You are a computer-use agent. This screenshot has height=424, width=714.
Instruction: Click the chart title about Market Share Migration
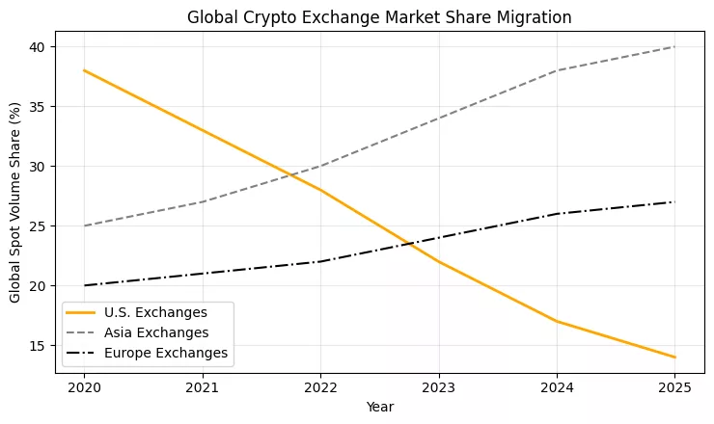point(379,16)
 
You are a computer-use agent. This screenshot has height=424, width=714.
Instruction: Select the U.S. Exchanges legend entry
point(158,311)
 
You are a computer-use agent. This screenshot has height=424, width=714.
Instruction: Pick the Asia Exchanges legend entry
point(158,332)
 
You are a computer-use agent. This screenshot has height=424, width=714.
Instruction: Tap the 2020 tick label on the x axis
point(84,388)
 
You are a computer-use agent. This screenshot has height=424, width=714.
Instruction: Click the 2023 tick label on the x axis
point(438,388)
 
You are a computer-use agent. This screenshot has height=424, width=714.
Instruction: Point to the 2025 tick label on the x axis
point(674,388)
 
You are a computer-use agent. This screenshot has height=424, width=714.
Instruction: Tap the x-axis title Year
point(379,407)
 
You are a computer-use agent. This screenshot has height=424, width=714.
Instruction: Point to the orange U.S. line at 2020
point(84,70)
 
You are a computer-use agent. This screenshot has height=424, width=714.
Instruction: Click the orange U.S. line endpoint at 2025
point(674,358)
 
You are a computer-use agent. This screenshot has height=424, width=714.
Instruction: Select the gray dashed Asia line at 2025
point(674,46)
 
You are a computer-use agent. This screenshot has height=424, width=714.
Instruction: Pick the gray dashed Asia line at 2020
point(84,226)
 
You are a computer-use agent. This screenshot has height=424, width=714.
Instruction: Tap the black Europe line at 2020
point(84,285)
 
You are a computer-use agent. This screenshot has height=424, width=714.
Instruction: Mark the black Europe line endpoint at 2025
point(674,202)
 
